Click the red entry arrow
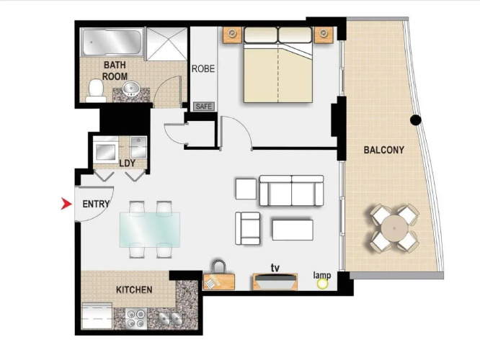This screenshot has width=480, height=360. (66, 204)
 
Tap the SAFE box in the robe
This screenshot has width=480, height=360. (204, 107)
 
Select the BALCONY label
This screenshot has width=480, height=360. (384, 150)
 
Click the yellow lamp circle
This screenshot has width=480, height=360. (322, 284)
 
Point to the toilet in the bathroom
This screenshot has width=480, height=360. (96, 91)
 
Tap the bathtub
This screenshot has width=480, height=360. (112, 42)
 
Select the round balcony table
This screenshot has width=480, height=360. (394, 228)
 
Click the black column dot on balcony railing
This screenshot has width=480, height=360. (415, 120)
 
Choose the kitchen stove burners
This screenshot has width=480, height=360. (136, 318)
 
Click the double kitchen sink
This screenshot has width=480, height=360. (170, 318)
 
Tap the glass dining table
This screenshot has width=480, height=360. (150, 230)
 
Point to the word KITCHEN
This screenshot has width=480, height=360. (134, 289)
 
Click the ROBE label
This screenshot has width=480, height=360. (203, 69)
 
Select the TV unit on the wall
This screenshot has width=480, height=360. (275, 282)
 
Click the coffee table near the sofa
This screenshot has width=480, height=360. (293, 230)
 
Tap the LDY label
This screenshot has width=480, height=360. (128, 163)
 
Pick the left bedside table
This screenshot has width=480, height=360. (232, 35)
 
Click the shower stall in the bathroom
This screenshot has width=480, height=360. (166, 43)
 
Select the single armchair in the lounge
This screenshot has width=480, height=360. (248, 228)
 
